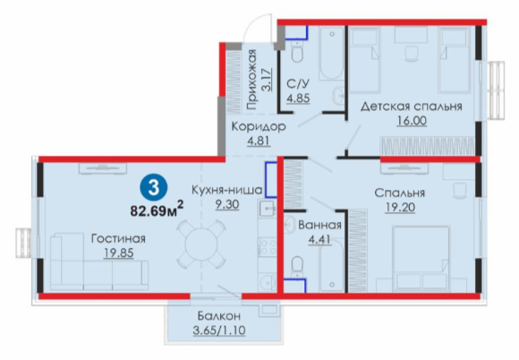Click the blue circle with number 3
coord(153,188)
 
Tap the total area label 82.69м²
coord(157,209)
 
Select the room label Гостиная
coord(118,238)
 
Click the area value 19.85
coord(118,253)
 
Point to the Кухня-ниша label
coord(227,191)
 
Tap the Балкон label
coord(219,316)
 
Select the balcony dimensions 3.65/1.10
coord(219,330)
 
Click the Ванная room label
coord(319,225)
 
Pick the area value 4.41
coord(319,239)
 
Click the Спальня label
coord(400,193)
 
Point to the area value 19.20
coord(400,208)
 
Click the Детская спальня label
coord(412,107)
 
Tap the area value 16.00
coord(412,121)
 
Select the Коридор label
coord(259,126)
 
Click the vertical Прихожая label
coord(251,80)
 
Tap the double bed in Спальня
coord(421,259)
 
